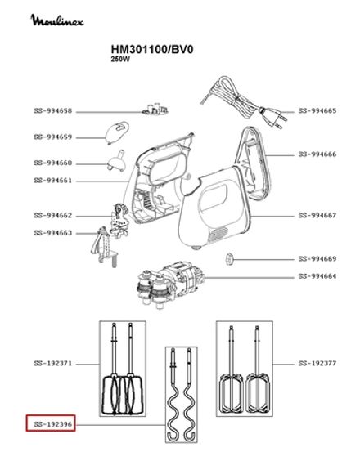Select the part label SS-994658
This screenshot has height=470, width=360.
[x=53, y=110]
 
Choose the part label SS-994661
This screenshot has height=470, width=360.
[x=53, y=180]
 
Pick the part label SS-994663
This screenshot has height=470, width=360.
[x=53, y=233]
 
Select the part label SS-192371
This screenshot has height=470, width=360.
[x=53, y=362]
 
